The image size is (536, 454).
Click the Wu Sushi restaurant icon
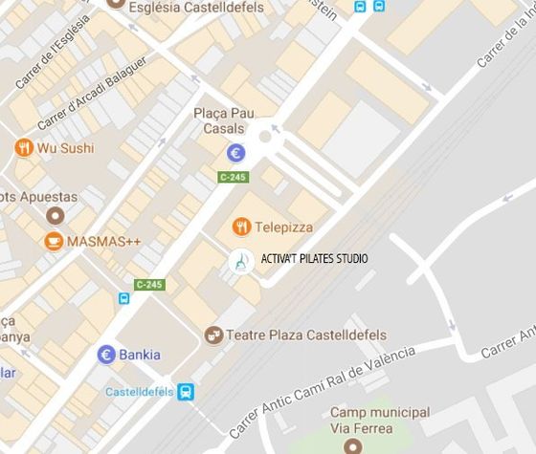[23, 148]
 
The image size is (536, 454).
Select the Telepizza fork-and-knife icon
[241, 227]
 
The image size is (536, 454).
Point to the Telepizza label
[283, 227]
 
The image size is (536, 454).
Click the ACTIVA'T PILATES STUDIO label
[314, 259]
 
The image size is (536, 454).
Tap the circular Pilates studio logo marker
[241, 260]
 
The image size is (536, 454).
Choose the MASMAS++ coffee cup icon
[54, 241]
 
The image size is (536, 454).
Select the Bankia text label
[140, 356]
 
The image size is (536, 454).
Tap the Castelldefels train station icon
[186, 392]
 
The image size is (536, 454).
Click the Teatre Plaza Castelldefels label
[307, 335]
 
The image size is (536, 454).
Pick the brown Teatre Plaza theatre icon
[214, 335]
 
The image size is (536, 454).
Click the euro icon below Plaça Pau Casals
[235, 152]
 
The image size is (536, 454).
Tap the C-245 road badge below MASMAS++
[149, 284]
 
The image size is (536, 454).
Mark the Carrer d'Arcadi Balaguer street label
[92, 95]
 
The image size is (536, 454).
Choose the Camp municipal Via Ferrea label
[361, 421]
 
